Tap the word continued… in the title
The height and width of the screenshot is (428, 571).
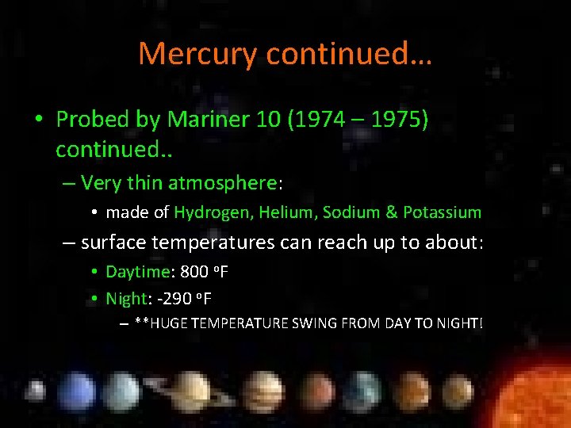350,54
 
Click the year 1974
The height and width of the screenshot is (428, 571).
318,120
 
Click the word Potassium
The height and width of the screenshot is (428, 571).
443,212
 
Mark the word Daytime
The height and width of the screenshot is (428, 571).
138,272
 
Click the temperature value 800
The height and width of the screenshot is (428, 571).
195,272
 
